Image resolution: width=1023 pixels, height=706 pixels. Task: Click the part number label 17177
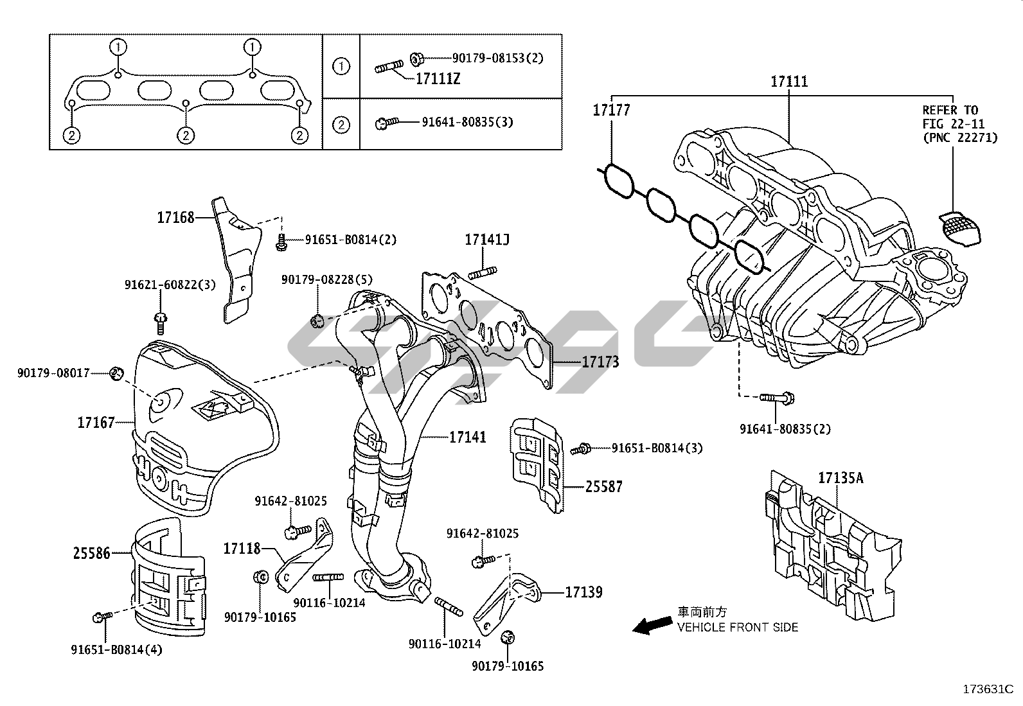pyautogui.click(x=611, y=110)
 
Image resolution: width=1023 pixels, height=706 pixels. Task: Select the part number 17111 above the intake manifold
pyautogui.click(x=789, y=82)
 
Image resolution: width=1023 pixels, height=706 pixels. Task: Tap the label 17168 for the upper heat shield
pyautogui.click(x=175, y=218)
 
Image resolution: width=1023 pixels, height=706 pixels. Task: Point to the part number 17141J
pyautogui.click(x=487, y=240)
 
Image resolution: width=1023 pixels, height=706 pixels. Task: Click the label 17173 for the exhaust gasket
pyautogui.click(x=600, y=362)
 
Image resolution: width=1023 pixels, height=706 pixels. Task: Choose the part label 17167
pyautogui.click(x=96, y=423)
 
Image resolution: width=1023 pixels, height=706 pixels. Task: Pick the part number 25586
pyautogui.click(x=91, y=552)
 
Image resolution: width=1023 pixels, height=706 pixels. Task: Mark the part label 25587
pyautogui.click(x=603, y=487)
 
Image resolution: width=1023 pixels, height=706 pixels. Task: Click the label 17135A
pyautogui.click(x=841, y=478)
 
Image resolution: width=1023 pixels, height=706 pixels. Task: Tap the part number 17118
pyautogui.click(x=242, y=549)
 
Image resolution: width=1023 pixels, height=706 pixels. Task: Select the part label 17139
pyautogui.click(x=583, y=592)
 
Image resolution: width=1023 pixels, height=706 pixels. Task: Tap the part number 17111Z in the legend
pyautogui.click(x=438, y=79)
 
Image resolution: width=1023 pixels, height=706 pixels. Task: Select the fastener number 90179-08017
pyautogui.click(x=53, y=373)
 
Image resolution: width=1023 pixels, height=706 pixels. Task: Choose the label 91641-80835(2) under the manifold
pyautogui.click(x=785, y=428)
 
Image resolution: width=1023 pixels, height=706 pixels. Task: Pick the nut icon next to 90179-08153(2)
pyautogui.click(x=416, y=58)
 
